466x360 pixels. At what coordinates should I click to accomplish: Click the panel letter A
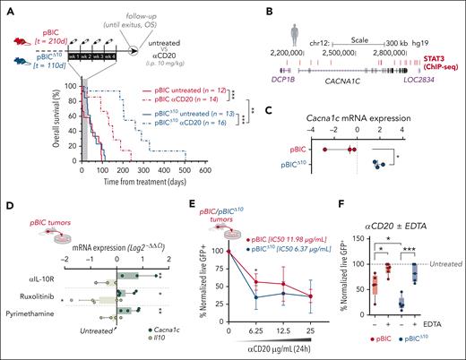click(x=6, y=6)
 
